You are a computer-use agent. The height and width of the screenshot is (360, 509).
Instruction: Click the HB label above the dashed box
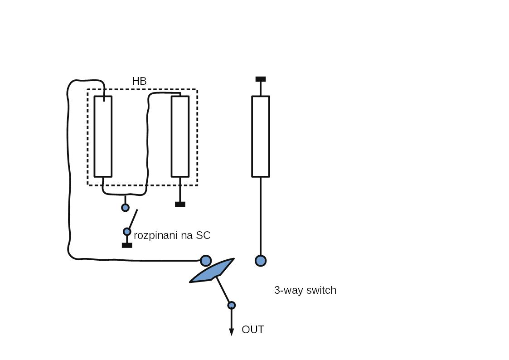point(139,81)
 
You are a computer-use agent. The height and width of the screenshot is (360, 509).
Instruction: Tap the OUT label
point(252,330)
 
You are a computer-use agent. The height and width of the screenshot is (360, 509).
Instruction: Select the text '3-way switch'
point(305,290)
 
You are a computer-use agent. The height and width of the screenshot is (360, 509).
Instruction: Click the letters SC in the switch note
point(203,235)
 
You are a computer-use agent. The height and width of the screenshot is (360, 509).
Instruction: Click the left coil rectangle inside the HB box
point(103,136)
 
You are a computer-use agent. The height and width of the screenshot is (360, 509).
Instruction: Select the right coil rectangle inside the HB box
point(180,136)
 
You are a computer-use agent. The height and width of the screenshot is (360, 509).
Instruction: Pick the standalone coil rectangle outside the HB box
point(261,136)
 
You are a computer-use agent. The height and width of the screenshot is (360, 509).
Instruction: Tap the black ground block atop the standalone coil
point(261,79)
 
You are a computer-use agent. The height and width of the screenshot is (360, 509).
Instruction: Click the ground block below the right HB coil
point(180,204)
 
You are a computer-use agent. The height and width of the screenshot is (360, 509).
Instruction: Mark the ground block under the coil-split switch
point(127,245)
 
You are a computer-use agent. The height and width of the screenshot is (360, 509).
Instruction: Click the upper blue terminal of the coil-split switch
point(125,208)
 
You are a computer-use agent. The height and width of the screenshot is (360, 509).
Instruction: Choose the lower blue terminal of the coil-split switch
point(127,232)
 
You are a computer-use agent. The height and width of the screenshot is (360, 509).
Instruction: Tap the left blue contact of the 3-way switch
point(206,261)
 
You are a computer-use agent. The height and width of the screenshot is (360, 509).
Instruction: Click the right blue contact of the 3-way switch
point(261,261)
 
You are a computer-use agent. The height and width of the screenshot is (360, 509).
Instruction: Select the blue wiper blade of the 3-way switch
point(212,271)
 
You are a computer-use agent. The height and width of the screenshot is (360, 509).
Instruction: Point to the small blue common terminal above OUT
point(231,305)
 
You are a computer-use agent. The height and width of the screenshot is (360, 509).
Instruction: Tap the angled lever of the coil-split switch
point(133,219)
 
